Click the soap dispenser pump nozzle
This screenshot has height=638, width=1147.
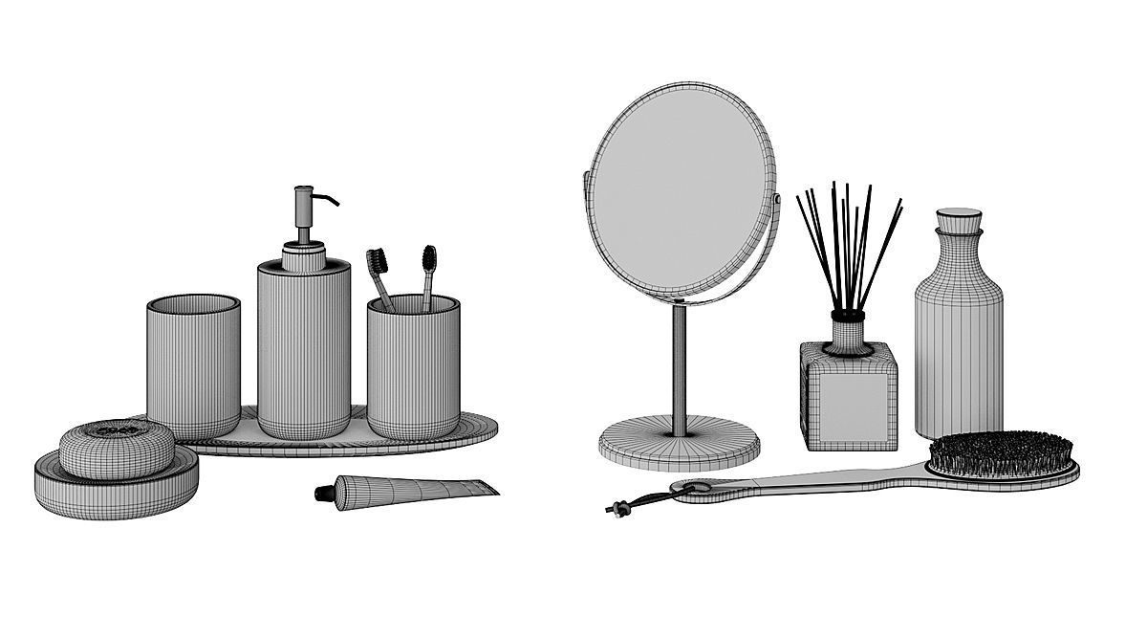(x=329, y=201)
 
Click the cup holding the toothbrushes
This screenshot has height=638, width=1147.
(x=411, y=368)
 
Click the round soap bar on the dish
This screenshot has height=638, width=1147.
(x=118, y=443)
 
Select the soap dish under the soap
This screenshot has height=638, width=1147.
(x=117, y=483)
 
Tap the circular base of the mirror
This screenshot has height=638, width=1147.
(x=681, y=441)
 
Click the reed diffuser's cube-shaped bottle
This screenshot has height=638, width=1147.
(x=850, y=394)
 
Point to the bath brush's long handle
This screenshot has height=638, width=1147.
(x=812, y=483)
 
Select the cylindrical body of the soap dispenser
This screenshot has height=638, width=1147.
(x=303, y=349)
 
